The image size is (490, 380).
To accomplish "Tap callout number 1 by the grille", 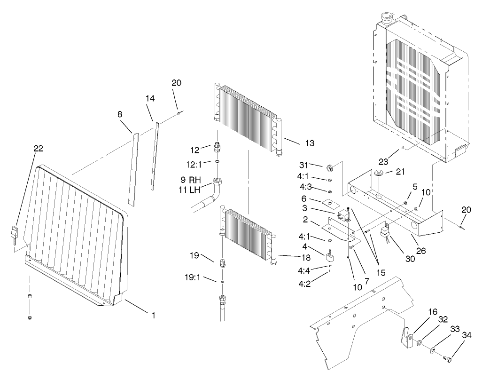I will [153, 315].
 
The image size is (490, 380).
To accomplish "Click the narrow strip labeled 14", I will [155, 155].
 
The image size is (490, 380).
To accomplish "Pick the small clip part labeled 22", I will [15, 234].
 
